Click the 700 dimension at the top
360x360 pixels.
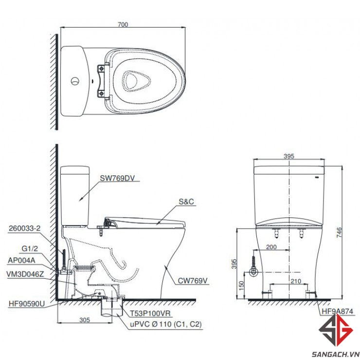tap(123, 24)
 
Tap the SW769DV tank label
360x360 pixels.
tap(117, 178)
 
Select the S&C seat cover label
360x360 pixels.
tap(186, 201)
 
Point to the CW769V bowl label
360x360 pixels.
tap(193, 281)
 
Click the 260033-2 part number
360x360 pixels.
tap(24, 228)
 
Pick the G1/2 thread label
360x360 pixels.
tap(30, 249)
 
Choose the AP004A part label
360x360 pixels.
tap(21, 260)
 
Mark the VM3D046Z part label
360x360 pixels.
tap(25, 274)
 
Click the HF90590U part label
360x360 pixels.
tap(27, 304)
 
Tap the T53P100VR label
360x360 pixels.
tap(150, 313)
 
